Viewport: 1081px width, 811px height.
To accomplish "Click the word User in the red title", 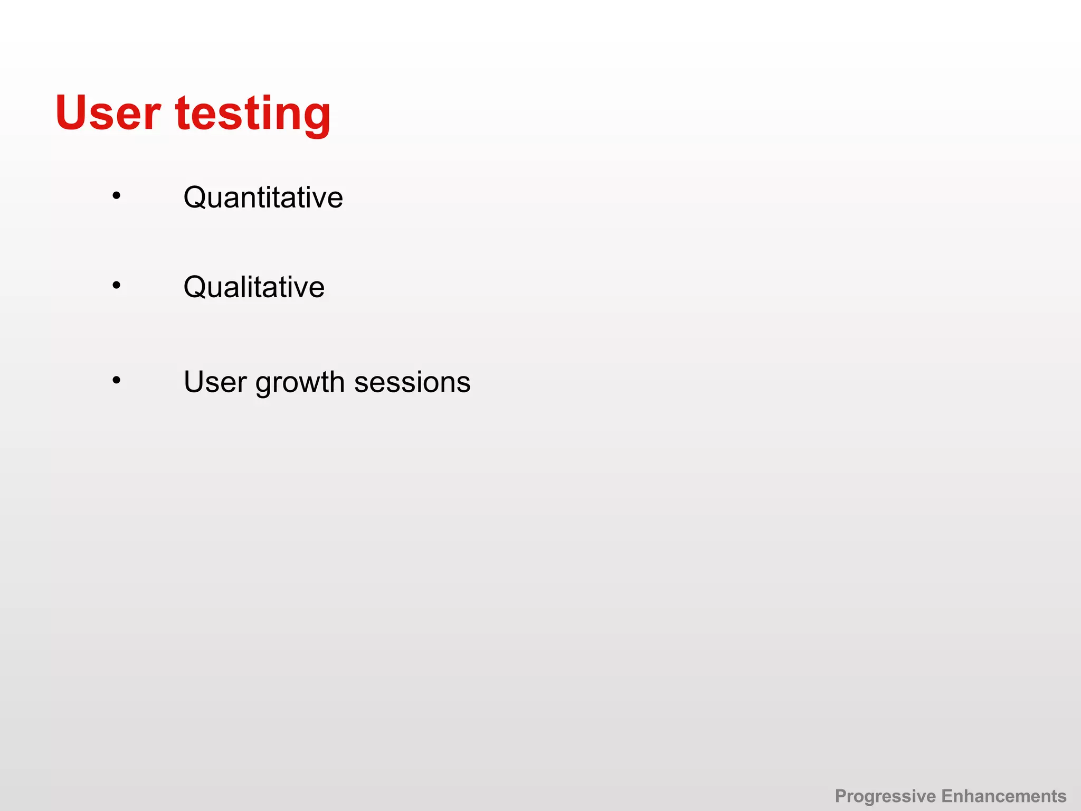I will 108,113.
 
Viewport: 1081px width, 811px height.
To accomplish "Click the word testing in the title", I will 253,113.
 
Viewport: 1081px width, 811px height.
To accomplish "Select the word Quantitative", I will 263,197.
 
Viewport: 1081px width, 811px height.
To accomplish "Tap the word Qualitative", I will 254,287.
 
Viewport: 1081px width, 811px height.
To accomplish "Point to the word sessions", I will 412,382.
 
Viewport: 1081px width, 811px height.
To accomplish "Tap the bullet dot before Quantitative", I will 116,196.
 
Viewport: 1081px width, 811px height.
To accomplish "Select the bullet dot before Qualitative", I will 116,286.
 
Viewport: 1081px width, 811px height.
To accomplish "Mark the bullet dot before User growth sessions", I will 116,380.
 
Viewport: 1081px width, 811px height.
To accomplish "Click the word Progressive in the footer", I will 885,796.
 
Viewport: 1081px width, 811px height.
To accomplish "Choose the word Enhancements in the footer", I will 1004,796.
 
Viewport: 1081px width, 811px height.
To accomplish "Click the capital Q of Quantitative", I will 195,197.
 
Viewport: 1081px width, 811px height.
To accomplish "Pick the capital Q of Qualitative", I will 195,287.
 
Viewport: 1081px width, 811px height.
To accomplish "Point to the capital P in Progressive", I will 841,796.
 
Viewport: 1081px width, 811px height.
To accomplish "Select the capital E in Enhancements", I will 947,796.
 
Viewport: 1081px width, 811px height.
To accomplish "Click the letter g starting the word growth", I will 264,385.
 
